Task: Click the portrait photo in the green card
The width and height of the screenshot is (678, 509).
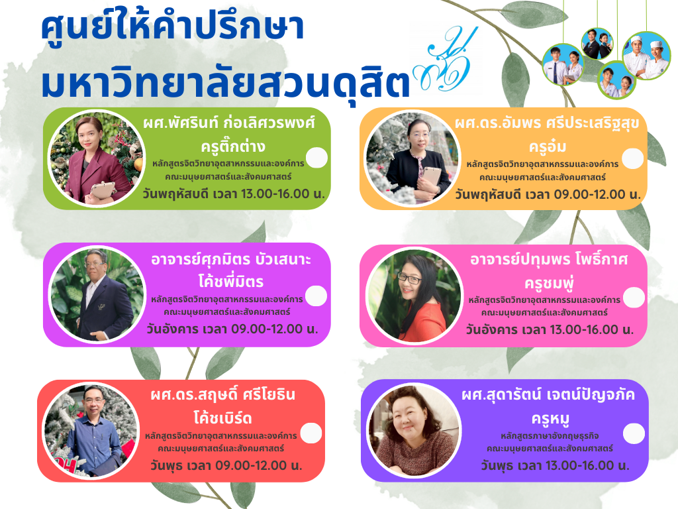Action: (x=95, y=158)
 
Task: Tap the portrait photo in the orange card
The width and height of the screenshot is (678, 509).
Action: (x=412, y=158)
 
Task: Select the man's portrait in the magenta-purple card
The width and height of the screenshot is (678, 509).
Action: (x=97, y=295)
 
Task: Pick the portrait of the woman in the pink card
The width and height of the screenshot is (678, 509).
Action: (x=414, y=296)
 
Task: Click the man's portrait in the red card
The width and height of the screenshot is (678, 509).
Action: (x=91, y=431)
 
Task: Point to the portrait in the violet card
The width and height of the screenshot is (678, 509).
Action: (x=414, y=431)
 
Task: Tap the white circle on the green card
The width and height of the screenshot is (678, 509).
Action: (x=316, y=158)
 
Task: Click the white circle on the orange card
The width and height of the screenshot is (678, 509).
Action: (x=632, y=158)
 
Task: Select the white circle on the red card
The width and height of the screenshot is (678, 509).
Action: (x=311, y=433)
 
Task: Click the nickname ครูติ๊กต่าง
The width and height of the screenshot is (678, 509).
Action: (x=233, y=146)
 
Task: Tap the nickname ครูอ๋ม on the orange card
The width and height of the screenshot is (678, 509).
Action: (x=548, y=146)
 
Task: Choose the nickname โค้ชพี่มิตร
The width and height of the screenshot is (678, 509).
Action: (x=231, y=281)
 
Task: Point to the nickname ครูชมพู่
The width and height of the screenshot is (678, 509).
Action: (x=549, y=282)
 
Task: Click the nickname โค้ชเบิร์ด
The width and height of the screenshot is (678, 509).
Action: (x=222, y=418)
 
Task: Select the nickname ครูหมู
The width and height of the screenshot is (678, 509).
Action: (x=550, y=419)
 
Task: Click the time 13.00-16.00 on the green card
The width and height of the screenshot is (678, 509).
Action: (x=275, y=194)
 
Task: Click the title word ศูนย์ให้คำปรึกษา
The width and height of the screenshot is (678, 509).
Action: (x=173, y=27)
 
